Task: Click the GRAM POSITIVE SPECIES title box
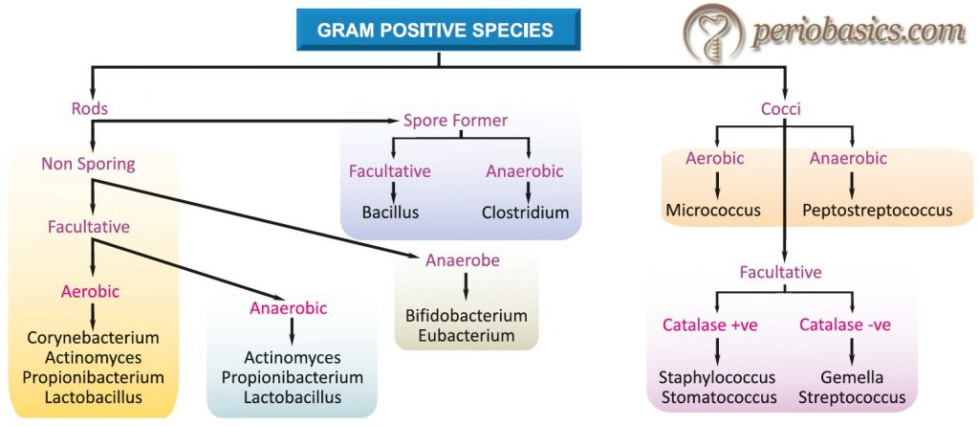(436, 29)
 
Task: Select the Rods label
(90, 108)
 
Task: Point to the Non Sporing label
(88, 164)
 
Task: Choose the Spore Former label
(455, 121)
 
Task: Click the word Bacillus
(389, 213)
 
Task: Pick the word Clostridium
(525, 213)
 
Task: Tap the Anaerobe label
(463, 260)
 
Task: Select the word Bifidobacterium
(467, 315)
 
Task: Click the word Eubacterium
(467, 335)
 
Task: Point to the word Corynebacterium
(93, 338)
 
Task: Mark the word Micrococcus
(713, 210)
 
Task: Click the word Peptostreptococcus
(876, 210)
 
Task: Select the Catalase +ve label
(709, 325)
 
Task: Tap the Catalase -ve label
(844, 325)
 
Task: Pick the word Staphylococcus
(717, 377)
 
